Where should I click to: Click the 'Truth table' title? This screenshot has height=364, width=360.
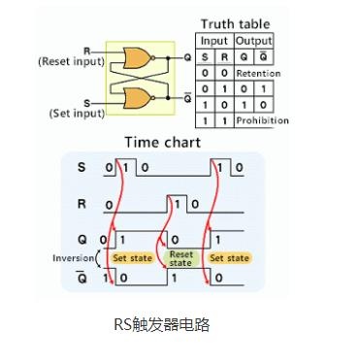coord(235,24)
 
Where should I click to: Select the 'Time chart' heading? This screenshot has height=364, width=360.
coord(163,143)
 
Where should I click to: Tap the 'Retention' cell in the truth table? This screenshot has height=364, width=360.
coord(258,74)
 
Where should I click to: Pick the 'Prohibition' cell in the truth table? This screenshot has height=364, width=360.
coord(262,120)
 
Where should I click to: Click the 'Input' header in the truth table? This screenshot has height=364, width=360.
coord(214,41)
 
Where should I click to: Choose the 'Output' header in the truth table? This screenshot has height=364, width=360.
coord(254,41)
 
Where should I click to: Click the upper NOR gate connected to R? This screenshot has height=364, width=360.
coord(137,58)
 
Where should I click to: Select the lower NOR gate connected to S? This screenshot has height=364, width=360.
coord(137,98)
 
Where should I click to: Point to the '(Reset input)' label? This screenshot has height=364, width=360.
coord(72,61)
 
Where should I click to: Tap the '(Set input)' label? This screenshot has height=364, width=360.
coord(77,114)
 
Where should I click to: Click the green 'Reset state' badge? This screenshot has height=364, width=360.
coord(180,259)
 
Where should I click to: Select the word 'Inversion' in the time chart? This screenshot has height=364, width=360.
coord(73,258)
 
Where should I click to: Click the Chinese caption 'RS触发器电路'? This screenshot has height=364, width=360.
coord(162,324)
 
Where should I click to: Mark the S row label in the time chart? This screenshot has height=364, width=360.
coord(82,167)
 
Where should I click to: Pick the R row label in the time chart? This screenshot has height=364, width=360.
coord(82,204)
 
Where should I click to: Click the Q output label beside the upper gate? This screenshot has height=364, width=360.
coord(187,57)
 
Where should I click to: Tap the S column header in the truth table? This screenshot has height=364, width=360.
coord(205,57)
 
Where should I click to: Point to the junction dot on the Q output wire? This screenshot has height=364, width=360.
coord(168,58)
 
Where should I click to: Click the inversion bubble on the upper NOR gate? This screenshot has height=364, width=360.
coord(153,58)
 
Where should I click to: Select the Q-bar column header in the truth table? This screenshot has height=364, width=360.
coord(264,56)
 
